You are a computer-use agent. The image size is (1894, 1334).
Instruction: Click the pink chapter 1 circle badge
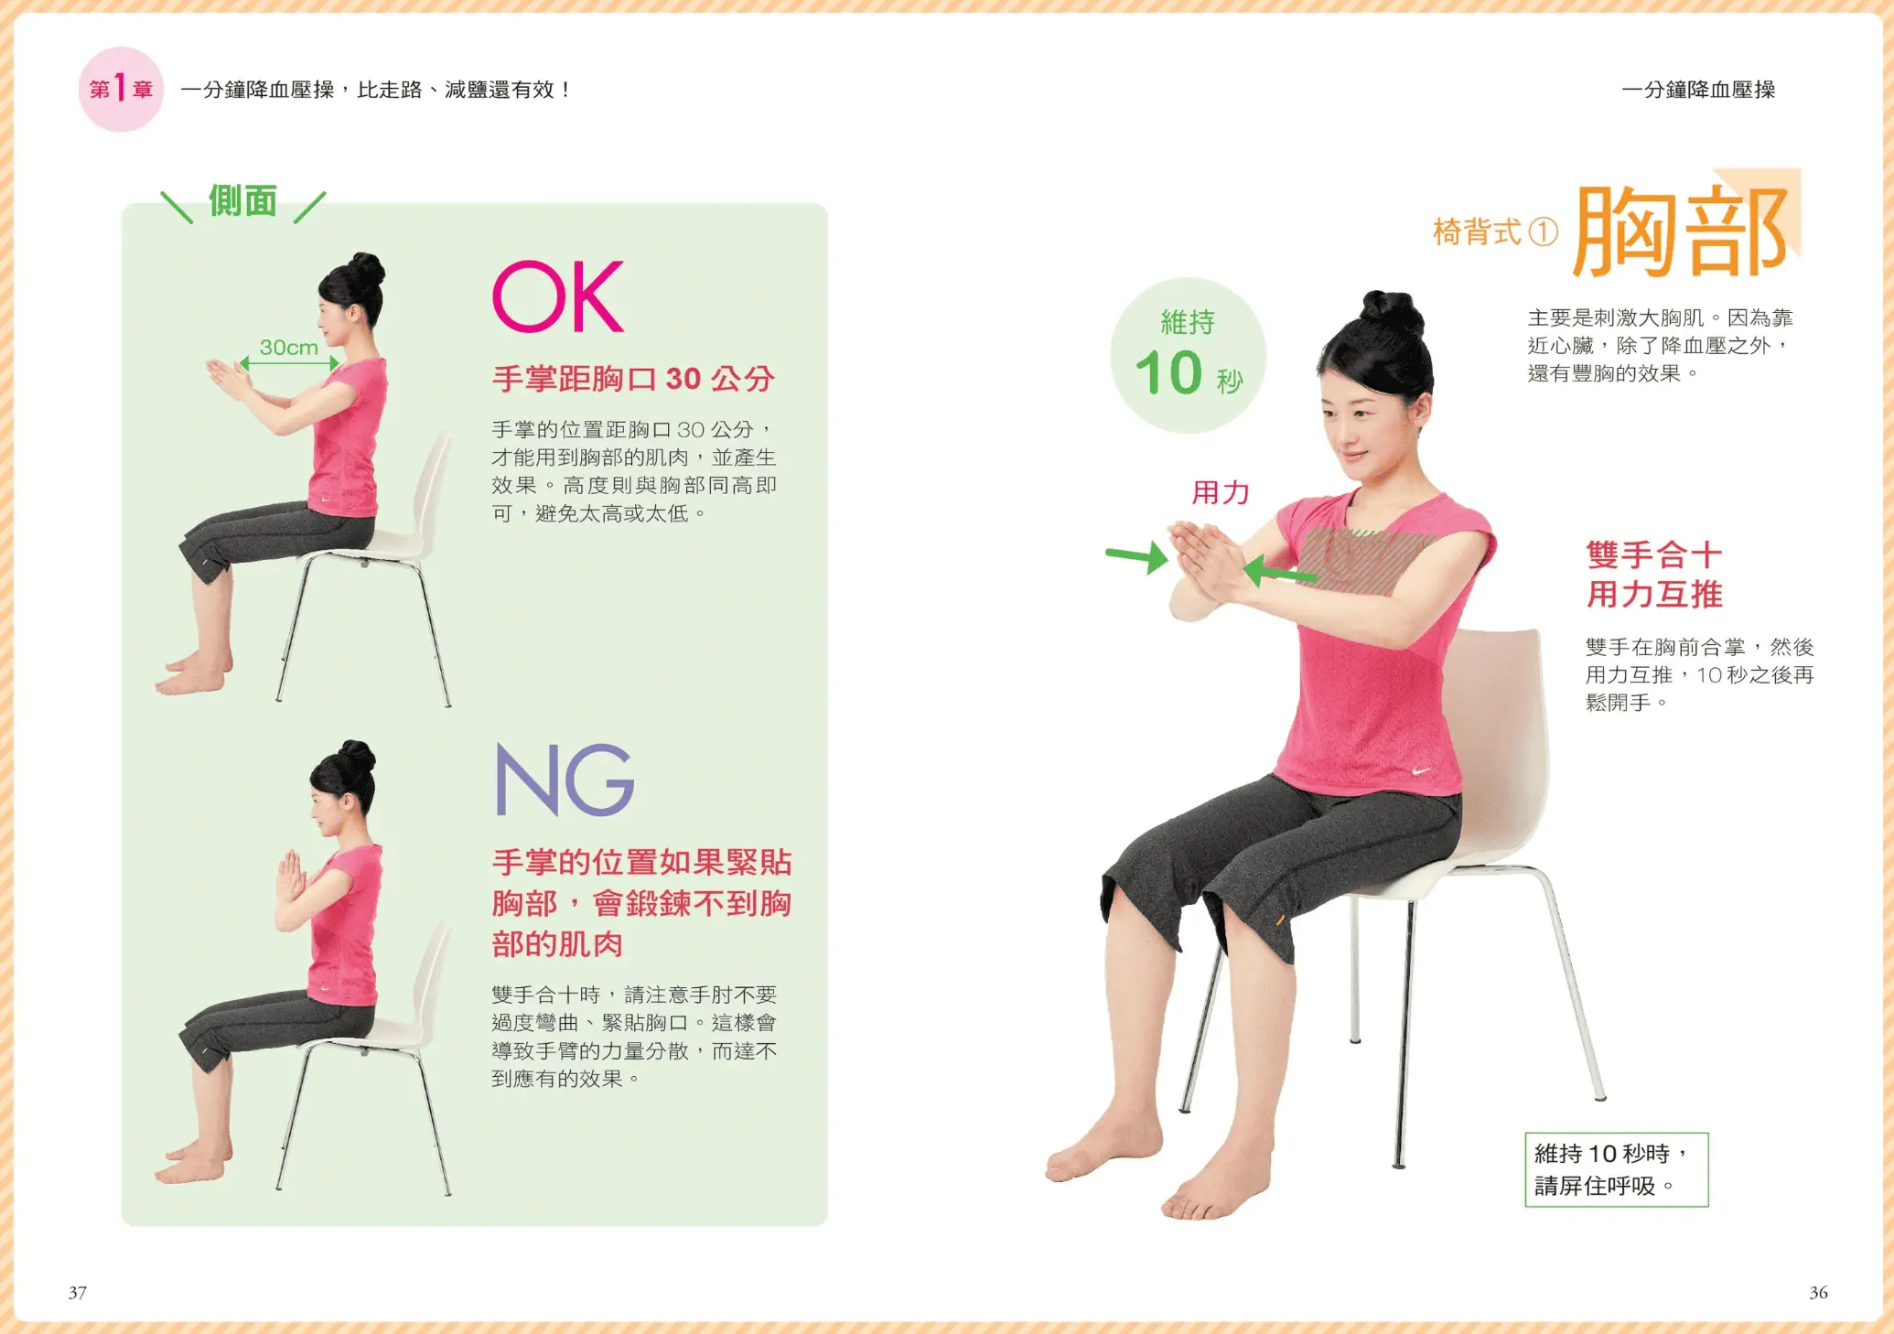(x=121, y=89)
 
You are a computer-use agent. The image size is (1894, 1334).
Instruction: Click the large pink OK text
(x=558, y=296)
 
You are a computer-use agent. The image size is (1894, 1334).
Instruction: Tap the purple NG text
(x=565, y=779)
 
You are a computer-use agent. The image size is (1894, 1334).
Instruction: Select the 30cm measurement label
(x=288, y=347)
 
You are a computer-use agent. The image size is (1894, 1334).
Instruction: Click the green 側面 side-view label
(x=242, y=200)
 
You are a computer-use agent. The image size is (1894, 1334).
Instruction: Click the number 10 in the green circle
(x=1168, y=372)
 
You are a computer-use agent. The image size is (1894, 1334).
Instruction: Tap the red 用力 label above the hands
(x=1220, y=492)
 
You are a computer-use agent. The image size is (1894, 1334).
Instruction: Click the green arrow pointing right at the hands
(x=1136, y=555)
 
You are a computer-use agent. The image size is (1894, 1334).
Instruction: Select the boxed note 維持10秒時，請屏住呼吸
(x=1616, y=1169)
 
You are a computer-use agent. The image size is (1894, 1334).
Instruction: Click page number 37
(x=78, y=1292)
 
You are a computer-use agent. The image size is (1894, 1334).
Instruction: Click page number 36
(x=1818, y=1292)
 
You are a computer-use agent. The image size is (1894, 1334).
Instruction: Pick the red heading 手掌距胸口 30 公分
(x=633, y=378)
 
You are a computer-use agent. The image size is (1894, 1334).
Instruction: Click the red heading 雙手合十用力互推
(x=1654, y=574)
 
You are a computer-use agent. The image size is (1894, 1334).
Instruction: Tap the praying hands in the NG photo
(x=291, y=876)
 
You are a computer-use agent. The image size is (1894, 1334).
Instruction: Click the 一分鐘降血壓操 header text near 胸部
(x=1698, y=90)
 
